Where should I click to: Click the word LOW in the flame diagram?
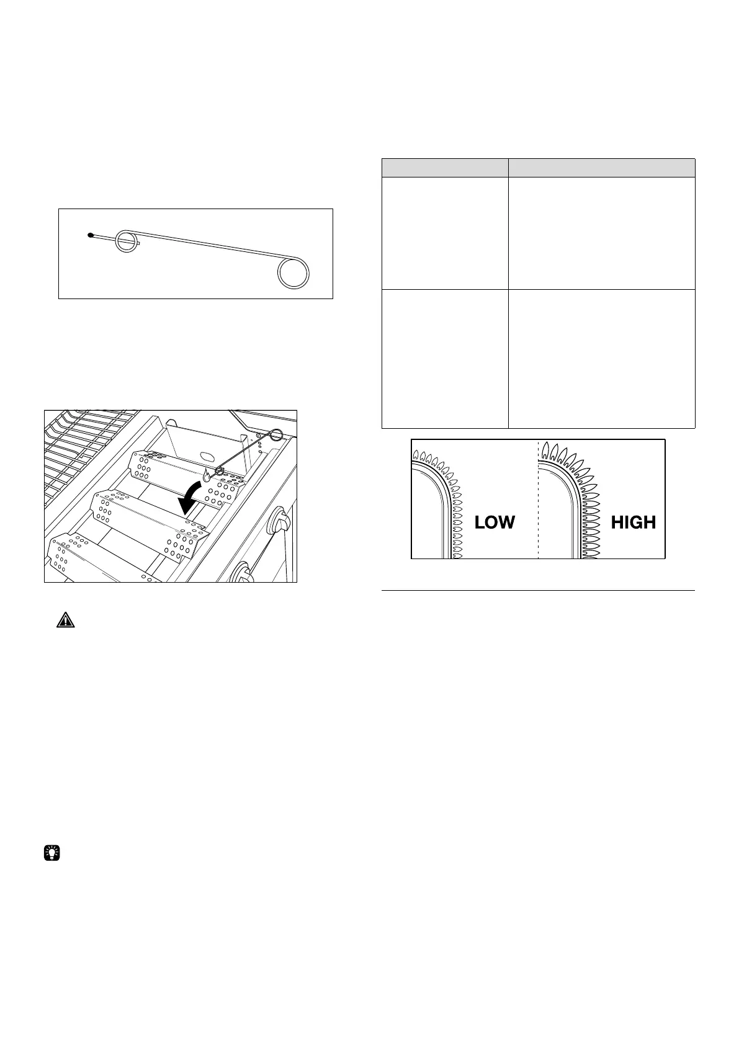tap(495, 522)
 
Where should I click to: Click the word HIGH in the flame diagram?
tap(633, 522)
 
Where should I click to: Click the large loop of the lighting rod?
tap(293, 272)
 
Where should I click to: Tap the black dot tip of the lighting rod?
tap(91, 235)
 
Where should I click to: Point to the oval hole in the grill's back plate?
tap(202, 456)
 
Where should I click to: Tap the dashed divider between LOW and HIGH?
tap(538, 499)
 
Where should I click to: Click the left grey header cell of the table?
tap(444, 168)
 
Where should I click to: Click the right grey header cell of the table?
tap(601, 168)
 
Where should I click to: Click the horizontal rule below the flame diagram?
tap(538, 591)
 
